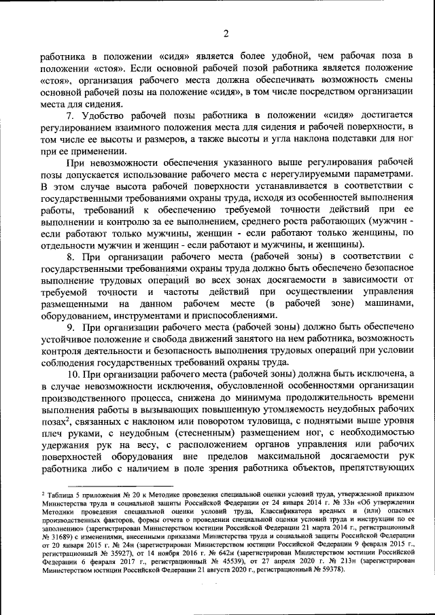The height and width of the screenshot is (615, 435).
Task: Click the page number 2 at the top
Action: (226, 34)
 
